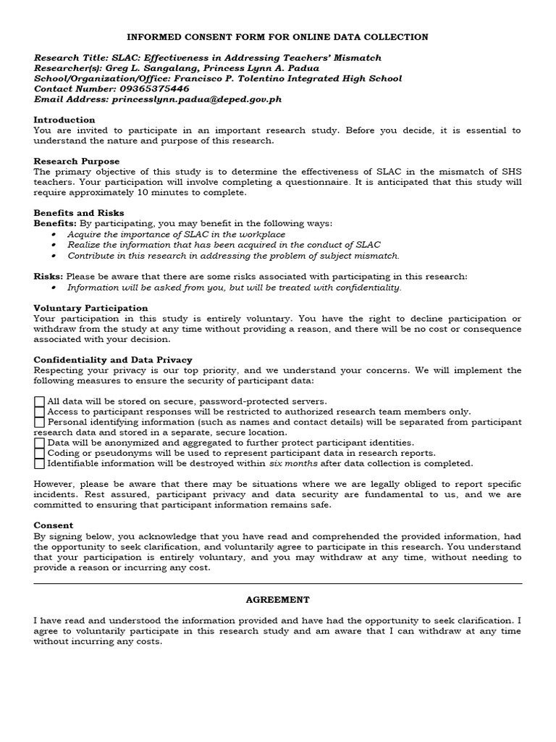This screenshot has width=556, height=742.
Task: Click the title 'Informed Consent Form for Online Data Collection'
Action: pyautogui.click(x=277, y=37)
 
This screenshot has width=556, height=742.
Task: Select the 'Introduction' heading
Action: pyautogui.click(x=64, y=120)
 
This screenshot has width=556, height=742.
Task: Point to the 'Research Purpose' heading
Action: pyautogui.click(x=77, y=161)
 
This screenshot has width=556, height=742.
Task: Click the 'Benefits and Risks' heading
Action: pyautogui.click(x=79, y=213)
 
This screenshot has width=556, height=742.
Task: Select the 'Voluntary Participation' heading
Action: pyautogui.click(x=90, y=308)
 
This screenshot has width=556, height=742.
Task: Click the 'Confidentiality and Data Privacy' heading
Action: pyautogui.click(x=113, y=359)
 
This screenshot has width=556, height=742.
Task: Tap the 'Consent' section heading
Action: pyautogui.click(x=54, y=525)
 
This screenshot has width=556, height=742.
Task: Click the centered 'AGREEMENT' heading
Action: pyautogui.click(x=277, y=600)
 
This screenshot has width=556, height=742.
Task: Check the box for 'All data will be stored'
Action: pyautogui.click(x=39, y=401)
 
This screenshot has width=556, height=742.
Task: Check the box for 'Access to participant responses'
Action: pyautogui.click(x=39, y=412)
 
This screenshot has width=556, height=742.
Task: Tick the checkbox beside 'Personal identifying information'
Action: pyautogui.click(x=39, y=422)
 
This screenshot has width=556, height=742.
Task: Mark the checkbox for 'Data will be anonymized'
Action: pyautogui.click(x=39, y=443)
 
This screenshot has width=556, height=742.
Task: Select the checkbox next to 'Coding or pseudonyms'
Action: pyautogui.click(x=39, y=453)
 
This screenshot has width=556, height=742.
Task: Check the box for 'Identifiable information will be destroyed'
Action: pyautogui.click(x=39, y=463)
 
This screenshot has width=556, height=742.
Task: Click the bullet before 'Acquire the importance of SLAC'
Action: pyautogui.click(x=57, y=235)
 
